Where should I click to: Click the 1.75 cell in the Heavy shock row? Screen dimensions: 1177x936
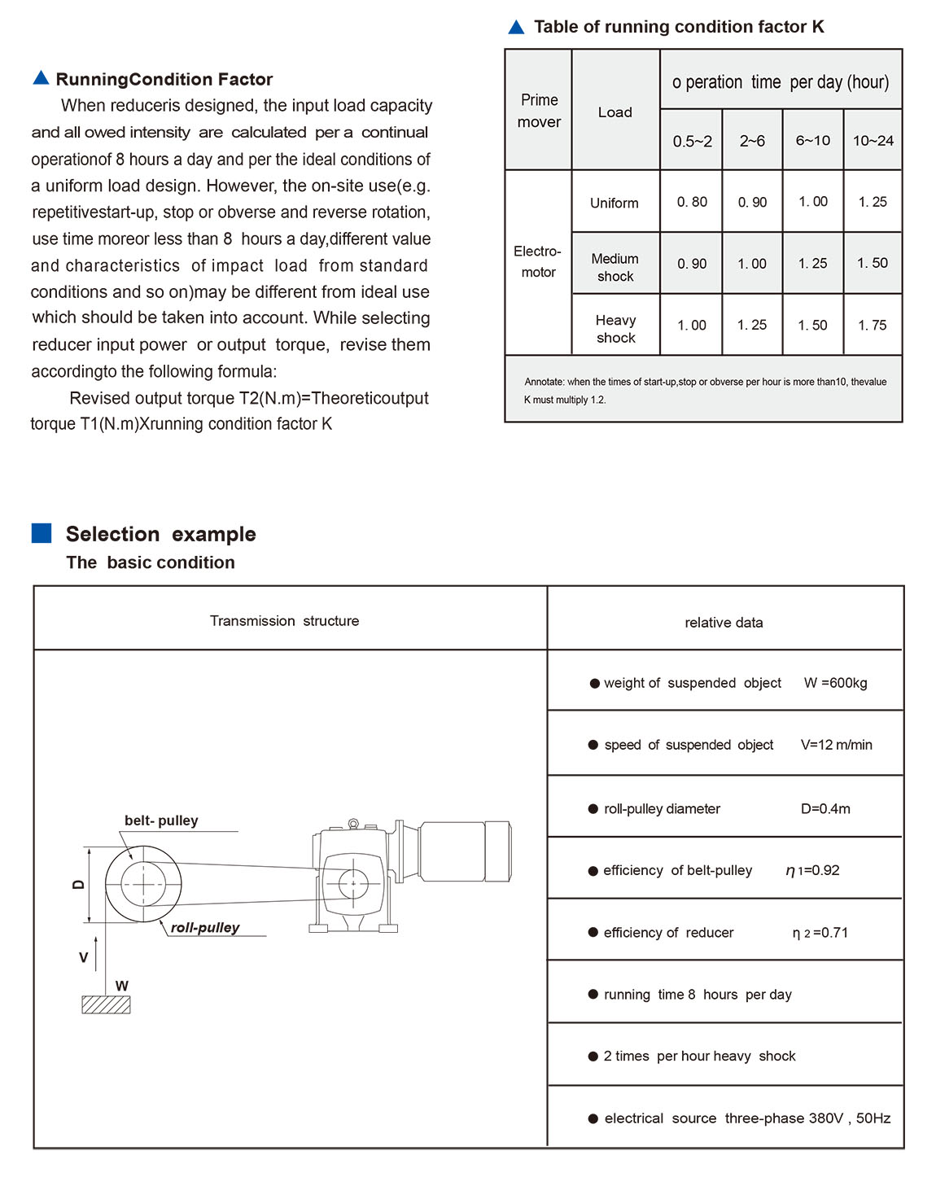coord(873,325)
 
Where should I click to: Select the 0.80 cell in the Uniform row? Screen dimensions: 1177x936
coord(692,202)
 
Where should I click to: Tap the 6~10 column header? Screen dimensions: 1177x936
coord(812,140)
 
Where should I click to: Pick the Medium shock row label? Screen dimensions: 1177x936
coord(615,267)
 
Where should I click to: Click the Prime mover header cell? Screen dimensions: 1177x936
coord(539,111)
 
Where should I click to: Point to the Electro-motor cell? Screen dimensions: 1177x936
coord(538,262)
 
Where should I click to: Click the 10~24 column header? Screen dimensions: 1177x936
coord(873,140)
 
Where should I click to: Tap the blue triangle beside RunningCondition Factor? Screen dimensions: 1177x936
coord(41,78)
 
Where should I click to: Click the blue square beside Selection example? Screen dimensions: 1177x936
coord(42,533)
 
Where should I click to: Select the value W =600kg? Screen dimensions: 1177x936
coord(835,683)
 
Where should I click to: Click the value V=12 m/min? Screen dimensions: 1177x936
coord(836,745)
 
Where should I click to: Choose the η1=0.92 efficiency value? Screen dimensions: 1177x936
coord(812,870)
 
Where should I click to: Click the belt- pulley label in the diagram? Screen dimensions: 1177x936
coord(161,820)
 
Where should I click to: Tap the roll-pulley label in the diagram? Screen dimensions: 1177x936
coord(205,927)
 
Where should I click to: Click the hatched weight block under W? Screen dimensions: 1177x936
coord(106,1004)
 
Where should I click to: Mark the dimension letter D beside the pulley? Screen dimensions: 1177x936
coord(78,884)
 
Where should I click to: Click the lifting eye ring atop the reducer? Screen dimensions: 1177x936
coord(353,824)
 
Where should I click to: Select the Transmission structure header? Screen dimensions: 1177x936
coord(284,620)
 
